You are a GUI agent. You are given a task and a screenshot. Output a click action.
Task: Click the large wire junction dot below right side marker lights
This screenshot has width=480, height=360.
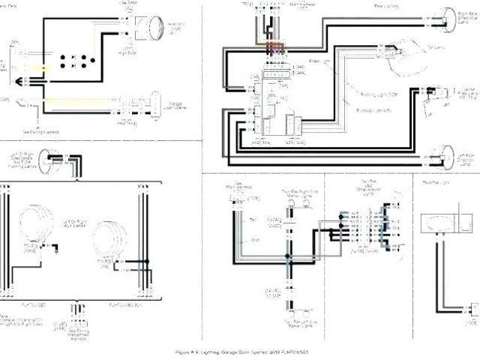(287, 256)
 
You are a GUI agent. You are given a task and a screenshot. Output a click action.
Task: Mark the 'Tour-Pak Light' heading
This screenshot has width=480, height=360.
(436, 182)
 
